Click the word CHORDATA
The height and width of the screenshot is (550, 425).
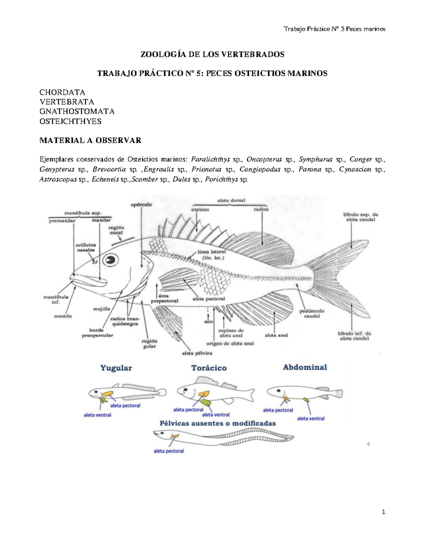point(62,92)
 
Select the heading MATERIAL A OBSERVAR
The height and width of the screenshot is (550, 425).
point(90,140)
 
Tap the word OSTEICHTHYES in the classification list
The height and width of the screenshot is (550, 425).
point(70,121)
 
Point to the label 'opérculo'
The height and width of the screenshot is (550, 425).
point(141,205)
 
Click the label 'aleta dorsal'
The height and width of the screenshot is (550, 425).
point(231,200)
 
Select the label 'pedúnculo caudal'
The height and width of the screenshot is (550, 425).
point(312,313)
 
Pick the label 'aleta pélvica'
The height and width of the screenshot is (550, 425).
point(197,353)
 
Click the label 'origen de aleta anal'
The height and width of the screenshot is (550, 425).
point(230,344)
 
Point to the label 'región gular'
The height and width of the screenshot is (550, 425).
point(149,344)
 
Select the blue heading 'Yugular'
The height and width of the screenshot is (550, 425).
point(116,368)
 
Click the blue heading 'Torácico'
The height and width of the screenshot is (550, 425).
point(209,368)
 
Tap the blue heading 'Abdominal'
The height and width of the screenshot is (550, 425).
point(305,367)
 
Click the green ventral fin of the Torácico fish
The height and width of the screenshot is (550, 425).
point(205,402)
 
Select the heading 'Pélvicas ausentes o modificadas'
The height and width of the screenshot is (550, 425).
point(217,423)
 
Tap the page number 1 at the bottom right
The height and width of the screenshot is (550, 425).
point(383,512)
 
